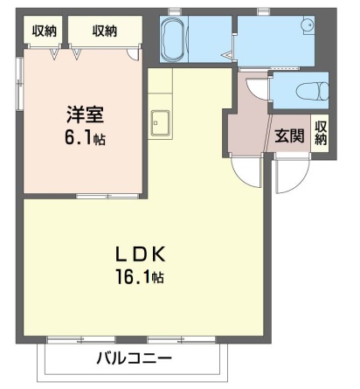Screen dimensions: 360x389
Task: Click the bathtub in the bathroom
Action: click(173, 38)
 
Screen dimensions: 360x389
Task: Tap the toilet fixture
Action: click(312, 90)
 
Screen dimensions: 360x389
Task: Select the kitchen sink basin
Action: click(160, 123)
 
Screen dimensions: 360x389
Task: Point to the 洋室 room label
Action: click(85, 115)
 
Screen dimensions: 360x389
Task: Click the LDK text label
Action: click(142, 254)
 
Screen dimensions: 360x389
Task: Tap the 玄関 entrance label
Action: click(289, 135)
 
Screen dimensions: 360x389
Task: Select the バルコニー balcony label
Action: click(134, 358)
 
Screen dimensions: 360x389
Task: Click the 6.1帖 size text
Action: click(85, 138)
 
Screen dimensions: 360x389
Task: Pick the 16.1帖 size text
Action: click(140, 277)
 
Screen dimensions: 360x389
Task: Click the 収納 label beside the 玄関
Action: click(321, 133)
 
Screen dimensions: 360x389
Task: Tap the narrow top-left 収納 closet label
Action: click(44, 31)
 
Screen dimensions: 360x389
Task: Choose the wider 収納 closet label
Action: click(105, 31)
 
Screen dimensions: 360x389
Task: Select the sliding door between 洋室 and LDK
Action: click(107, 196)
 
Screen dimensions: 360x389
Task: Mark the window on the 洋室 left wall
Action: click(19, 84)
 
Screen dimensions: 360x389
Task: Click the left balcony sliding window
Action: click(81, 340)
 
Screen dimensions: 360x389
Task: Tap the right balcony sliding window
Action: click(182, 340)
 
